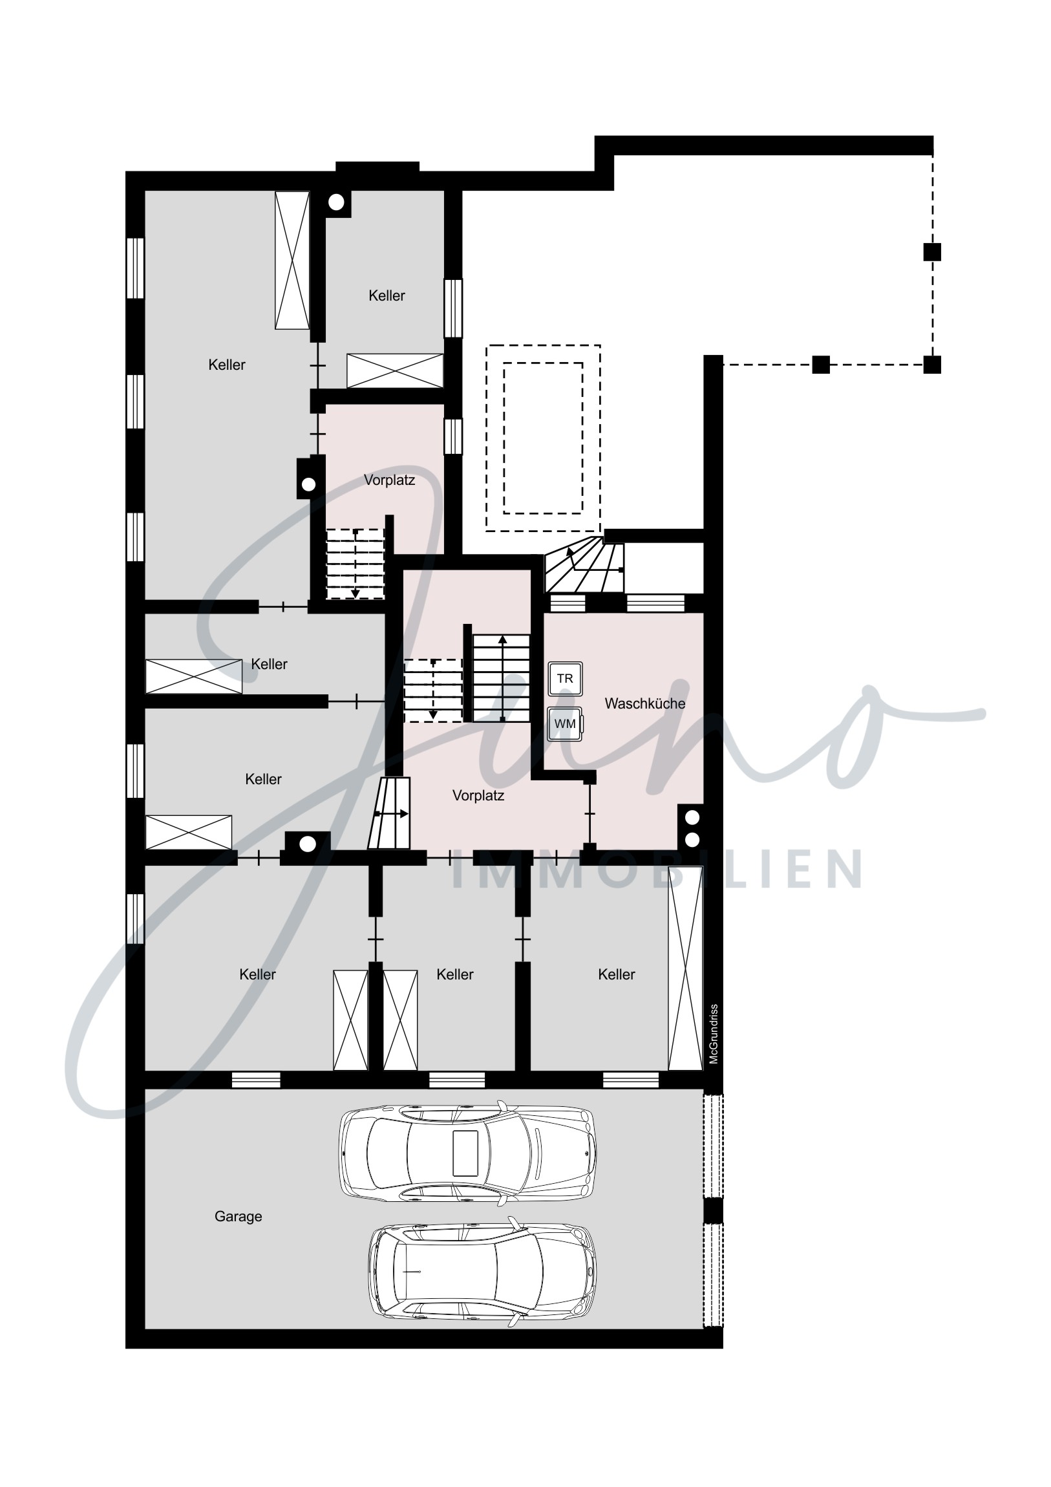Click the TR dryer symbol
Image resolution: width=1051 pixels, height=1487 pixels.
(x=565, y=679)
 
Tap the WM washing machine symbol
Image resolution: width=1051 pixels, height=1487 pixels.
(x=565, y=723)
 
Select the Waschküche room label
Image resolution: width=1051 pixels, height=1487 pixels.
(x=645, y=703)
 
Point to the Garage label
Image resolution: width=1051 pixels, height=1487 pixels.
(x=239, y=1216)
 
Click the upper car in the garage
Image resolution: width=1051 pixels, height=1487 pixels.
(x=467, y=1153)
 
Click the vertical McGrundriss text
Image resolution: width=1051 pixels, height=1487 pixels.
(x=714, y=1034)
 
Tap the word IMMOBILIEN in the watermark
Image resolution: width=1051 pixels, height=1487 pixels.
(x=655, y=870)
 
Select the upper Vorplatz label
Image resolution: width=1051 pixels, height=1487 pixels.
(x=389, y=480)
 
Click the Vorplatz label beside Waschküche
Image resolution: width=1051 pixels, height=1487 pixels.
(x=478, y=795)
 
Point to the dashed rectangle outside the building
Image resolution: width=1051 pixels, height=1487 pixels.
(x=544, y=438)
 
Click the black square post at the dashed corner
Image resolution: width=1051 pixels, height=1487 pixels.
(x=932, y=365)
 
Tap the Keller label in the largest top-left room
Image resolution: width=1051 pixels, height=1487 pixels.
(x=227, y=365)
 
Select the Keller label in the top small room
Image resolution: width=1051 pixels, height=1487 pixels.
(x=387, y=295)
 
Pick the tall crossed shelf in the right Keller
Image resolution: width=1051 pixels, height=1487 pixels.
(x=685, y=968)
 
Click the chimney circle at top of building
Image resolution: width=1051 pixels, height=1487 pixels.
(x=336, y=203)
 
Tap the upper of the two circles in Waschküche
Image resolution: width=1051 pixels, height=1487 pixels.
(x=692, y=817)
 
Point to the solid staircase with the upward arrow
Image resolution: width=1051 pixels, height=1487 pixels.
(x=501, y=678)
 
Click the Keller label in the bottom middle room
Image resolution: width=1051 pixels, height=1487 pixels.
(x=454, y=974)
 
